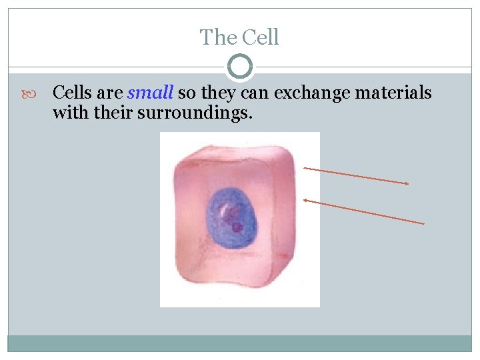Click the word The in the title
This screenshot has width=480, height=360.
216,37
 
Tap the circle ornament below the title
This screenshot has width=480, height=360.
240,67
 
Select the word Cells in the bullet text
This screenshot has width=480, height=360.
73,93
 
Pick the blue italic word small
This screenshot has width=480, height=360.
150,93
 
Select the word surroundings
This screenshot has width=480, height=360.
195,113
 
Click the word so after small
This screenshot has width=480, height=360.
186,93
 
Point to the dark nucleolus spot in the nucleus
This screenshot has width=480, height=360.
237,227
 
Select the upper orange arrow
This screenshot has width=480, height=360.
356,176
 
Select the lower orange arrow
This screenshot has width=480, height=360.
363,211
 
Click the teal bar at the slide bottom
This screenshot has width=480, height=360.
240,343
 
